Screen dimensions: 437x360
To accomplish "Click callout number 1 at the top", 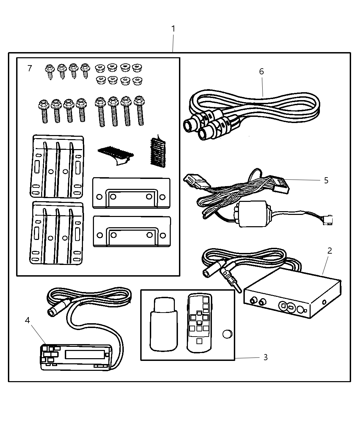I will click(173, 29).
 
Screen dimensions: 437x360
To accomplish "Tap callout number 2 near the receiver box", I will click(329, 251).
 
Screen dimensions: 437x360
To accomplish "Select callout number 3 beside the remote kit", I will click(265, 357).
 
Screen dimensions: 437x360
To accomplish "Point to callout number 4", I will click(27, 320).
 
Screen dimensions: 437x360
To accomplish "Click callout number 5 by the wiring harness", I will click(326, 180).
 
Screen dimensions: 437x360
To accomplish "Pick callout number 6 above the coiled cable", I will click(262, 71).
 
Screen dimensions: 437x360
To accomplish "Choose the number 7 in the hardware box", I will click(29, 68).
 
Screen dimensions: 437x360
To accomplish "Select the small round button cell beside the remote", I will click(227, 333).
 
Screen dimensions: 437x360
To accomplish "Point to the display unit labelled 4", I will click(76, 357).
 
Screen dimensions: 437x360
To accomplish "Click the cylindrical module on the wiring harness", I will click(253, 214).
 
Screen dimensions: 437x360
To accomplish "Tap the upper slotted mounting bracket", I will click(57, 166).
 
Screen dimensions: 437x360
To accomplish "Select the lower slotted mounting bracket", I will click(57, 233).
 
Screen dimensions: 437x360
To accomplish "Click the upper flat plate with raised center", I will click(131, 193).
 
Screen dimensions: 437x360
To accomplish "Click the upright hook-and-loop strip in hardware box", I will click(158, 152).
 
